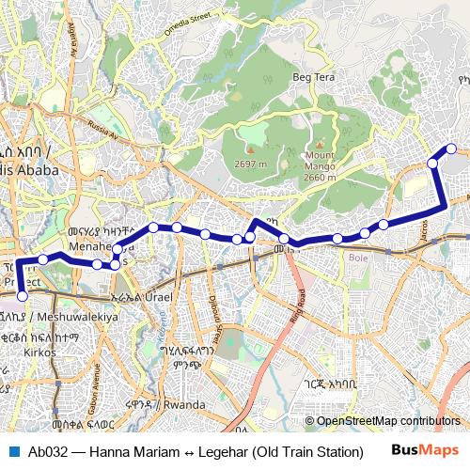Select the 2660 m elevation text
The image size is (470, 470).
tap(320, 177)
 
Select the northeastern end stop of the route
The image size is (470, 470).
tap(451, 148)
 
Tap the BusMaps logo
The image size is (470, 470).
tap(423, 451)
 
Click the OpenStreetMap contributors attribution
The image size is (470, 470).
tap(386, 421)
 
